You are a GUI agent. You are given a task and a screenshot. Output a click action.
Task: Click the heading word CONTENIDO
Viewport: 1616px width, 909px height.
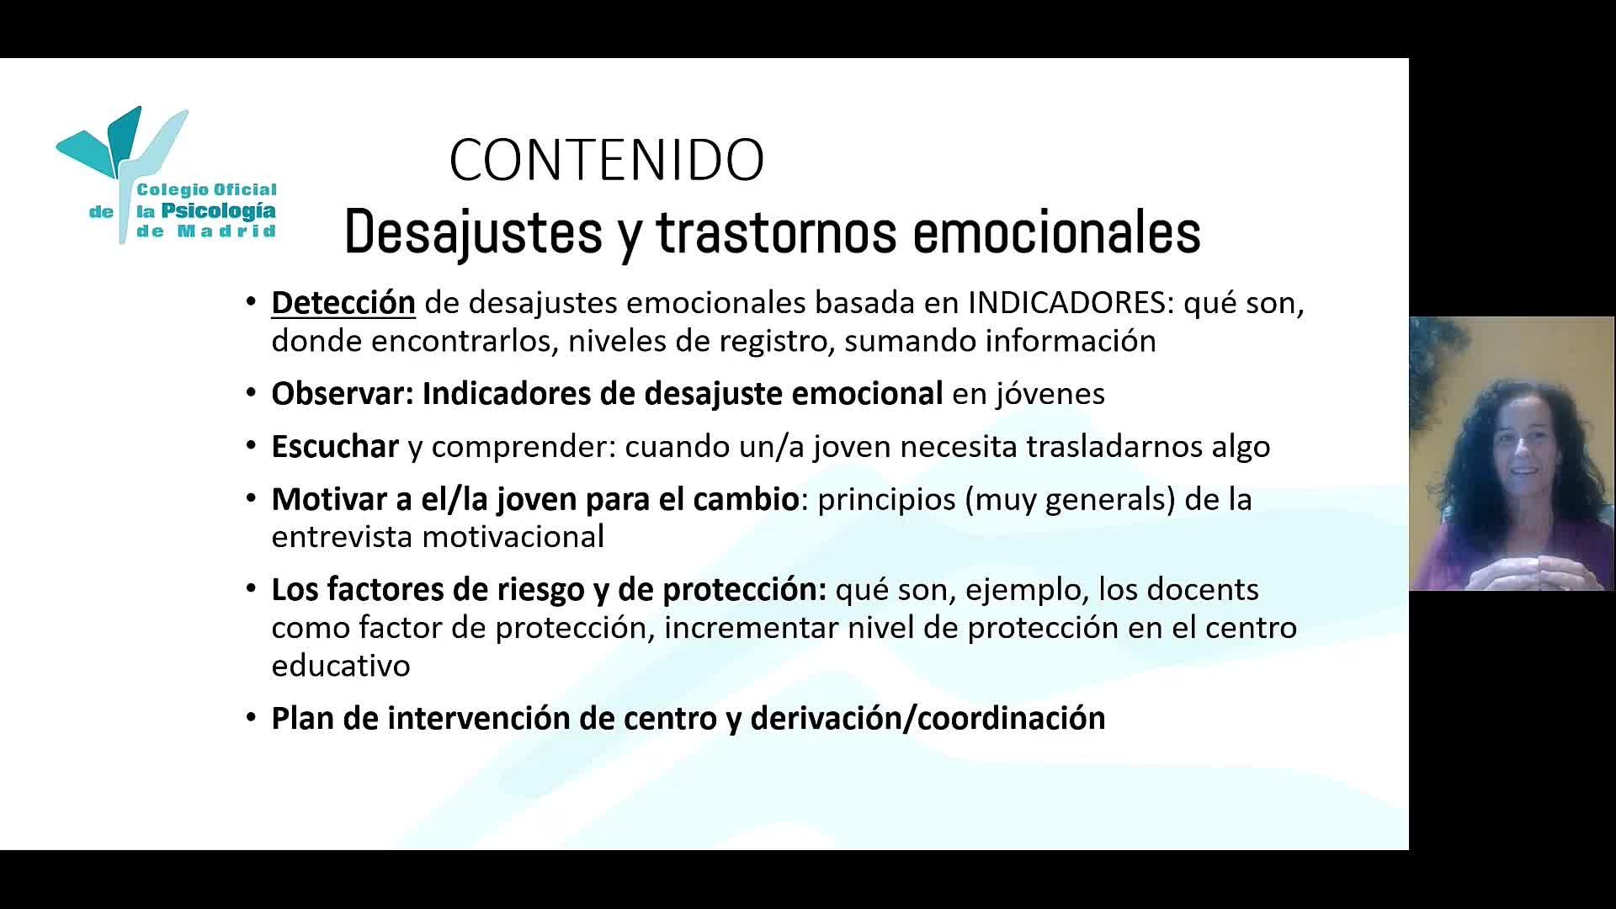607,160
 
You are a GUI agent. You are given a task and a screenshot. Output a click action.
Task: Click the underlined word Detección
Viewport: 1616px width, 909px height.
343,302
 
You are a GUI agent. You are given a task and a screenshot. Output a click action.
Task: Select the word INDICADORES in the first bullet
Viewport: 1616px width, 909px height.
1067,302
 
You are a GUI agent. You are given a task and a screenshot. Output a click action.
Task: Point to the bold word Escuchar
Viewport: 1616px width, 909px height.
335,446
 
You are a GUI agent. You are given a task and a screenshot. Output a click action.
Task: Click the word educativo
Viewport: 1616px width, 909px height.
341,665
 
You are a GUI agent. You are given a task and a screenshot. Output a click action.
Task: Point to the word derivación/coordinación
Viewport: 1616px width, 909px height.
928,718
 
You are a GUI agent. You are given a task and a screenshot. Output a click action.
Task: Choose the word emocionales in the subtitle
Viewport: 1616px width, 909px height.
1056,231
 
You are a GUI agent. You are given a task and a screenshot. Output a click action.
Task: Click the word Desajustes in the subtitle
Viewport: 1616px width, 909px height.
473,233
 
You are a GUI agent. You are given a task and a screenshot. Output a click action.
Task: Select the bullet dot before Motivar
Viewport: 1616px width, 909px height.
251,498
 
